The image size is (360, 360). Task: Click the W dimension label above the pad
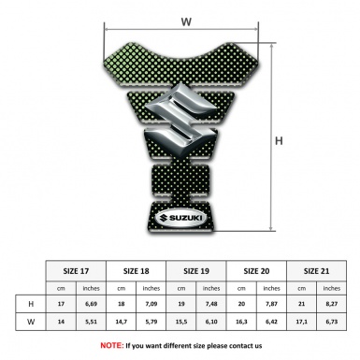[x=186, y=22]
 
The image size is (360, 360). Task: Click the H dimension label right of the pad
[x=279, y=141]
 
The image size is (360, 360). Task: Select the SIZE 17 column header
[x=76, y=271]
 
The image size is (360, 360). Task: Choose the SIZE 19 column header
[x=196, y=271]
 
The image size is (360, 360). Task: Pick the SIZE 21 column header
[x=316, y=271]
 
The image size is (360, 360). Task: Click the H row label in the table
[x=31, y=304]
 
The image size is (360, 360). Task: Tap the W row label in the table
[x=31, y=322]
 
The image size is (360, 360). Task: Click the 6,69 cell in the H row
[x=91, y=304]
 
